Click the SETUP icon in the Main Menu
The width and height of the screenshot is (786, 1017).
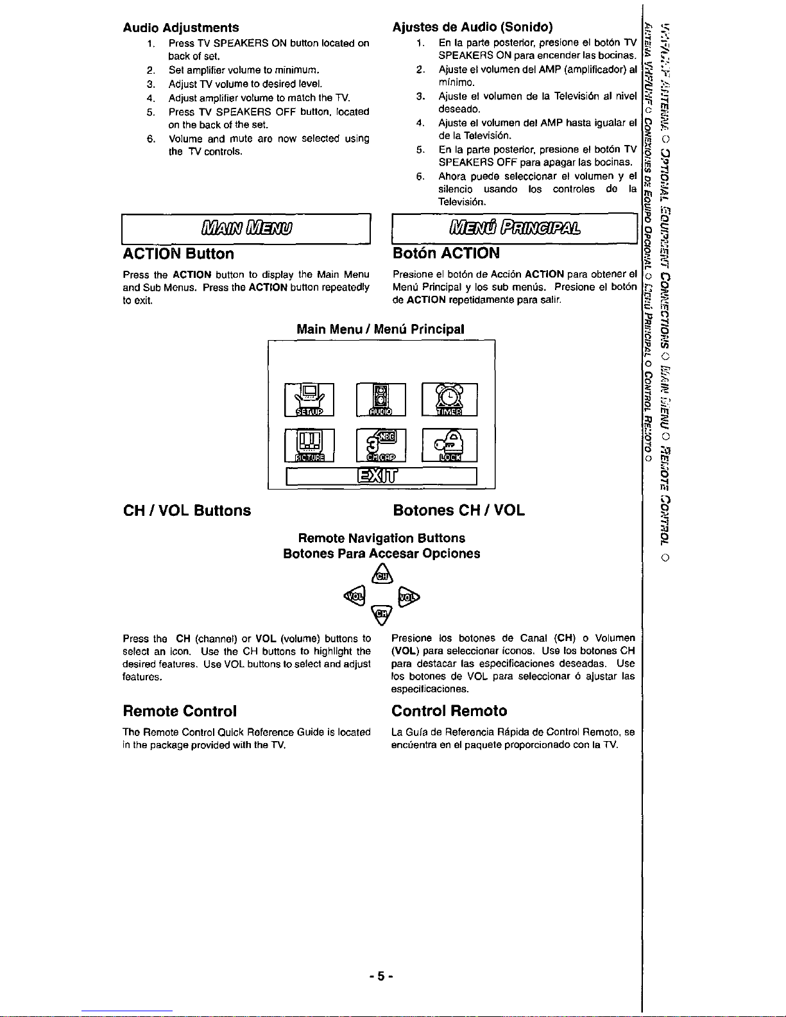pyautogui.click(x=309, y=400)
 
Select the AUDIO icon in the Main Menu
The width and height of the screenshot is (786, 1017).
pyautogui.click(x=380, y=400)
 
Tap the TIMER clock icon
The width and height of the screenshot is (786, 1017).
pyautogui.click(x=449, y=400)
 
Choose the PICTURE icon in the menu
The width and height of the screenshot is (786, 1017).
pyautogui.click(x=309, y=445)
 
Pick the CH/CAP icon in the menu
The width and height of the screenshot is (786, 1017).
pyautogui.click(x=380, y=445)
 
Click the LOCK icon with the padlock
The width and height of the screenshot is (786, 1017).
pyautogui.click(x=449, y=445)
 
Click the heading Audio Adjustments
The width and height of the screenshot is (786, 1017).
pyautogui.click(x=181, y=28)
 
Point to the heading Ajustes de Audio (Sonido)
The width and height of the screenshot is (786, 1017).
pyautogui.click(x=472, y=27)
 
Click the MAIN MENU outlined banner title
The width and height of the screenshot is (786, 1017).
pyautogui.click(x=246, y=228)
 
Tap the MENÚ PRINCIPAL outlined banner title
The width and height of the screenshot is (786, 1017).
pyautogui.click(x=515, y=228)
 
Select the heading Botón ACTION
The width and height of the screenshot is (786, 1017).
pyautogui.click(x=446, y=253)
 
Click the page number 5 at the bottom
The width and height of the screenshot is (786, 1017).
pyautogui.click(x=380, y=976)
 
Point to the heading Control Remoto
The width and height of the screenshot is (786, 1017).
pyautogui.click(x=449, y=711)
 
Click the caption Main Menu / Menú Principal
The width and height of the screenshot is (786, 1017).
pyautogui.click(x=380, y=329)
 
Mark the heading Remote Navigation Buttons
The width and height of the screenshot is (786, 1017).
pyautogui.click(x=382, y=538)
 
